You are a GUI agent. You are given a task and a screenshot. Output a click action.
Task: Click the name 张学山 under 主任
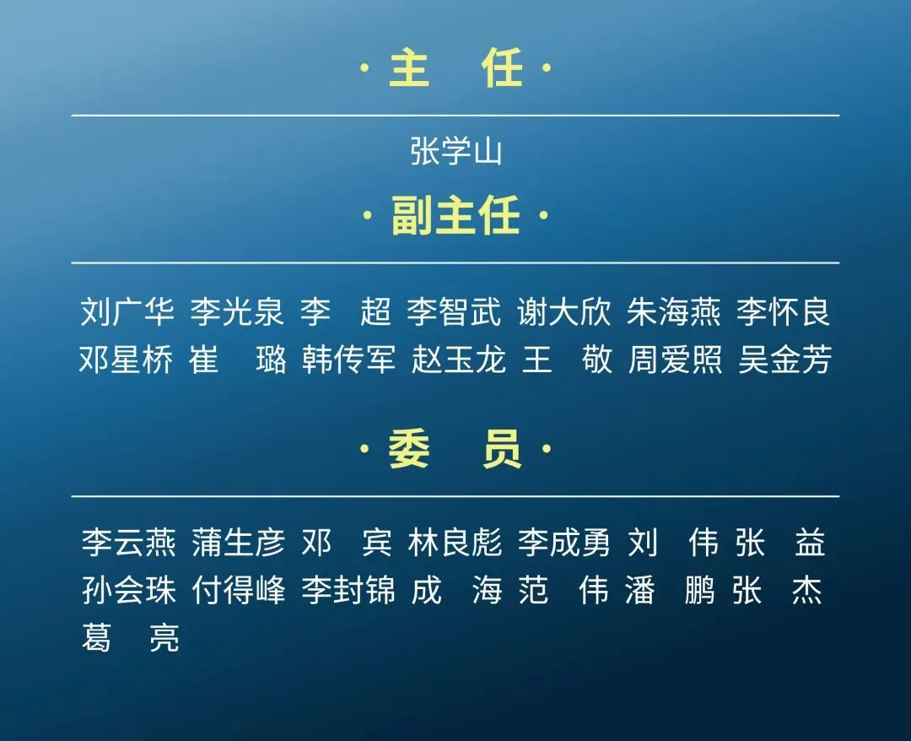tap(455, 153)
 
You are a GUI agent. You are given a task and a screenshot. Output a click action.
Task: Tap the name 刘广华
tap(127, 311)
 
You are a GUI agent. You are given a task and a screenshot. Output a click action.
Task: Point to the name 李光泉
tap(237, 311)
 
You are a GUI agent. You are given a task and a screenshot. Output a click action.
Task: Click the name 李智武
tap(454, 311)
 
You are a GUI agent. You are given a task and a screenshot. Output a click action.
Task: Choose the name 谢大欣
tap(563, 311)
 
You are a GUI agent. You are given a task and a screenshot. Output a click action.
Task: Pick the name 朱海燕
tap(674, 311)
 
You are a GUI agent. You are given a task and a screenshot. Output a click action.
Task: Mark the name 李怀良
tap(784, 311)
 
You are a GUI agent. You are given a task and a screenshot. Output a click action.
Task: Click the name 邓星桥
tap(127, 360)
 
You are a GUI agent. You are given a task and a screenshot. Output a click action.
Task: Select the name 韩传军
tap(348, 360)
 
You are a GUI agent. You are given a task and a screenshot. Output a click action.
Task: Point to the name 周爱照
tap(676, 360)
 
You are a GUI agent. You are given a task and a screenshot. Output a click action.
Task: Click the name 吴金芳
tap(785, 360)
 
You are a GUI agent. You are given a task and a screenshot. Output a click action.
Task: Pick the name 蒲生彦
tap(239, 543)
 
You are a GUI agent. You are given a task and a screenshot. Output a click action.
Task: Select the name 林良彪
tap(455, 543)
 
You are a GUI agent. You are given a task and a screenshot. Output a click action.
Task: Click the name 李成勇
tap(564, 543)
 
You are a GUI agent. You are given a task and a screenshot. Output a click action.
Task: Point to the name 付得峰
tap(239, 591)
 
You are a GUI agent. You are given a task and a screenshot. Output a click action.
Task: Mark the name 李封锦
tap(348, 591)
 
